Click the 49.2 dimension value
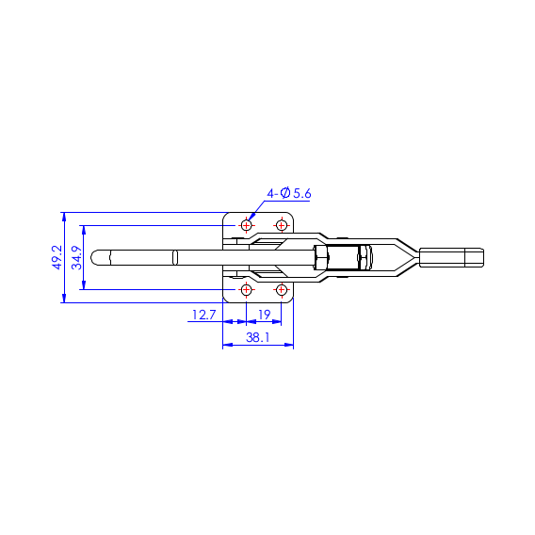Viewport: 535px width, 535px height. (57, 257)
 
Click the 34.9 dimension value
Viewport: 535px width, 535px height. (77, 257)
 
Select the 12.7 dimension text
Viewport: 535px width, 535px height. (204, 315)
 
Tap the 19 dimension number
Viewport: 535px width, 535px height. (265, 315)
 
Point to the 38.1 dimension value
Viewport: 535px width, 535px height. (258, 337)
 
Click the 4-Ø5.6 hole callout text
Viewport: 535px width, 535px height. (289, 193)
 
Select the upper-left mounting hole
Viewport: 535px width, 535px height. (247, 225)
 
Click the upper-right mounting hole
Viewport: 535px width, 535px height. (281, 225)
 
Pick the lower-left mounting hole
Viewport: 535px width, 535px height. (247, 290)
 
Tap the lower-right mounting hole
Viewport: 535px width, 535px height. (281, 290)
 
